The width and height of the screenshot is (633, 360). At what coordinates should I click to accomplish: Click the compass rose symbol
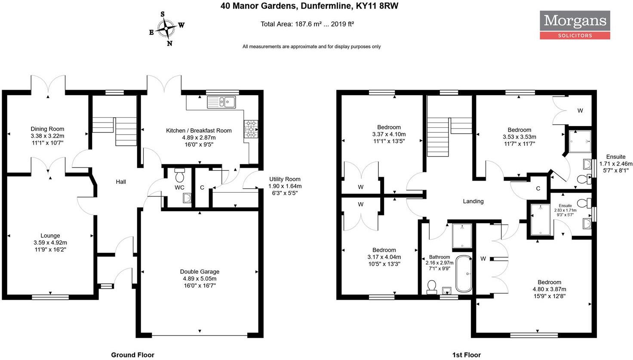166,28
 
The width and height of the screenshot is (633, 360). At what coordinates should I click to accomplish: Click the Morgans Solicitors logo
575,25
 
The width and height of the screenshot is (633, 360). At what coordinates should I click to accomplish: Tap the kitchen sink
221,102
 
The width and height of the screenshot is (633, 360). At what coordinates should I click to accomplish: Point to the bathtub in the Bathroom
464,274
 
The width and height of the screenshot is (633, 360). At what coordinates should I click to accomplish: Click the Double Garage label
200,271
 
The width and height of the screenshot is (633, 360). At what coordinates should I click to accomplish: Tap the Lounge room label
50,236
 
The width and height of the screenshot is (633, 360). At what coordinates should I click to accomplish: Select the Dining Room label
47,129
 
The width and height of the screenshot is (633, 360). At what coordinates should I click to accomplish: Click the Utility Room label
285,179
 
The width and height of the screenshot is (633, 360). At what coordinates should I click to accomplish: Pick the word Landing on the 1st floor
473,201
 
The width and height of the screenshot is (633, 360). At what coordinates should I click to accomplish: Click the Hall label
121,182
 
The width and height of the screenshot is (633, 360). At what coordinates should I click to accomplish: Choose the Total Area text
307,24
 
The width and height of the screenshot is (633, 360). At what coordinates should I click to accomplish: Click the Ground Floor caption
132,355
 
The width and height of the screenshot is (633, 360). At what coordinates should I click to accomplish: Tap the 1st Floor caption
467,355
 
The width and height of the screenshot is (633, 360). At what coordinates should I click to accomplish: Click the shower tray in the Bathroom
462,236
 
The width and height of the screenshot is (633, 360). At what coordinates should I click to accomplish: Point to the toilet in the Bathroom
432,287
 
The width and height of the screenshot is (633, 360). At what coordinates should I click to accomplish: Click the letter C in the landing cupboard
538,188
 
